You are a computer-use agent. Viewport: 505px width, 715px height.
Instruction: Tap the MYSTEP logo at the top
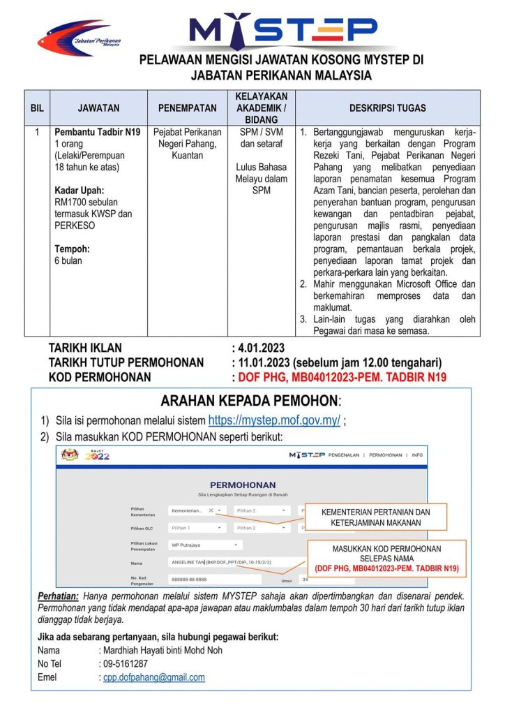point(283,29)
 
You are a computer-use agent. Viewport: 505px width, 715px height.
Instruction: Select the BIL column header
point(36,108)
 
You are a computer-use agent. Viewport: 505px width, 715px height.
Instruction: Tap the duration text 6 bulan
point(68,260)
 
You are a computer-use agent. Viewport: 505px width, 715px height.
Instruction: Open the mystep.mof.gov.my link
point(274,420)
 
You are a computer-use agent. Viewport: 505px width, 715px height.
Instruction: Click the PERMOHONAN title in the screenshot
point(242,485)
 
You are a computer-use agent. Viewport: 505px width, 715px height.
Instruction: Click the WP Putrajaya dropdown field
point(205,545)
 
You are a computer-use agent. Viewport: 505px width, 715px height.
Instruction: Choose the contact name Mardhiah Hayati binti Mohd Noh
point(163,650)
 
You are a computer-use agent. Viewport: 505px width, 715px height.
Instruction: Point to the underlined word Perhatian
point(58,596)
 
